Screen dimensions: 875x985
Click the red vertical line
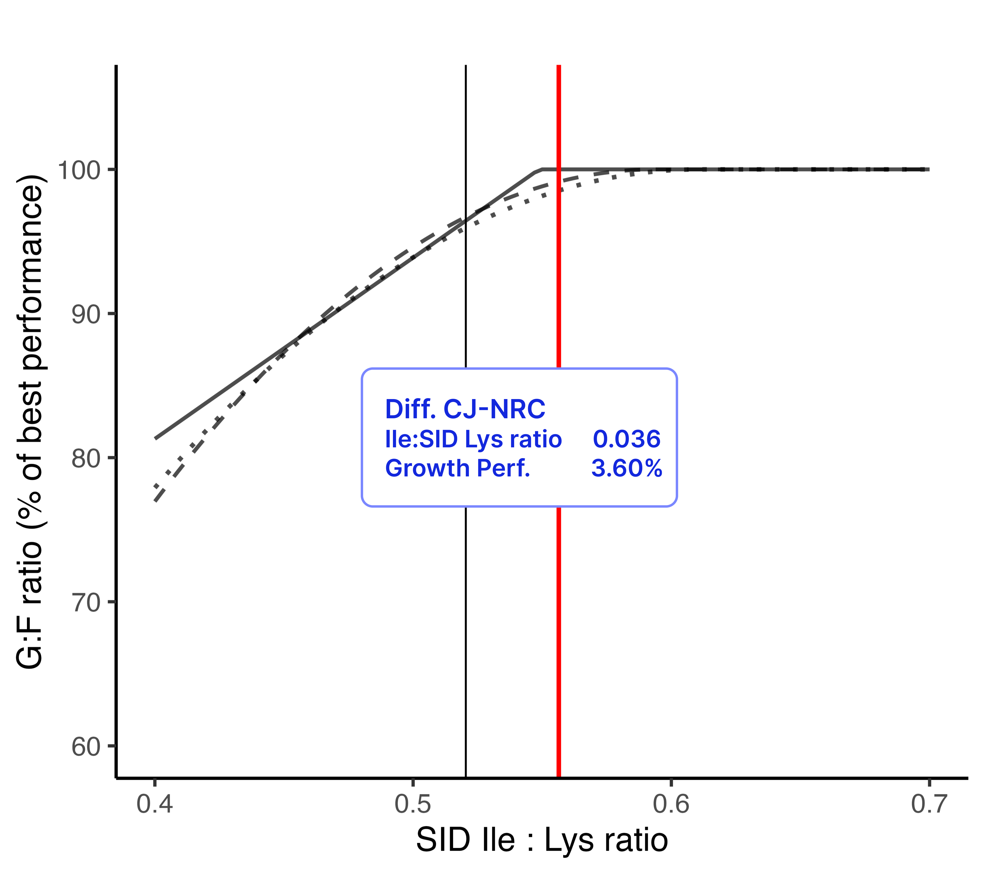tap(559, 626)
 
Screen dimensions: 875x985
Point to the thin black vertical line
tap(466, 626)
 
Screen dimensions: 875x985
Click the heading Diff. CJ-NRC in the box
tap(465, 409)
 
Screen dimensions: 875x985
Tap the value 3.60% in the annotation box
tap(626, 468)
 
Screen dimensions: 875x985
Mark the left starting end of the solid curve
tap(155, 438)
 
